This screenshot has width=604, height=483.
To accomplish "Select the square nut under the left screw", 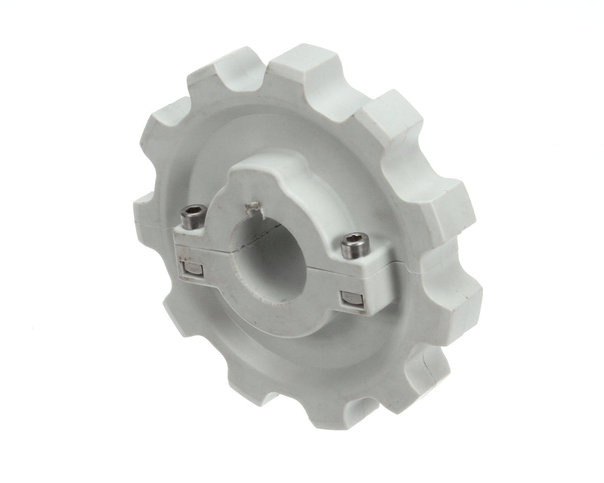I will [192, 270].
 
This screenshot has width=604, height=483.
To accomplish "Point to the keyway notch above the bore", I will [252, 207].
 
